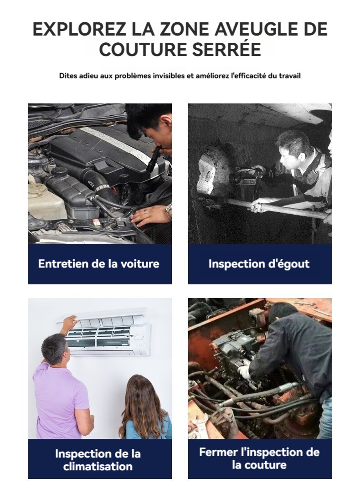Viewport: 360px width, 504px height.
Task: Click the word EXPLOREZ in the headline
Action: (79, 29)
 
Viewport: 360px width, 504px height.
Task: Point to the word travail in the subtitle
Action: (290, 76)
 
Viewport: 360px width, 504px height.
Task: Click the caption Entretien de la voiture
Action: (99, 264)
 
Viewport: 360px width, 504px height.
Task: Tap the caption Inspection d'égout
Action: (259, 264)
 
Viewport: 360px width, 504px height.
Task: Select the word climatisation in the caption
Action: (98, 466)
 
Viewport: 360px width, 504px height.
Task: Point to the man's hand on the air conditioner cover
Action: (70, 321)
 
